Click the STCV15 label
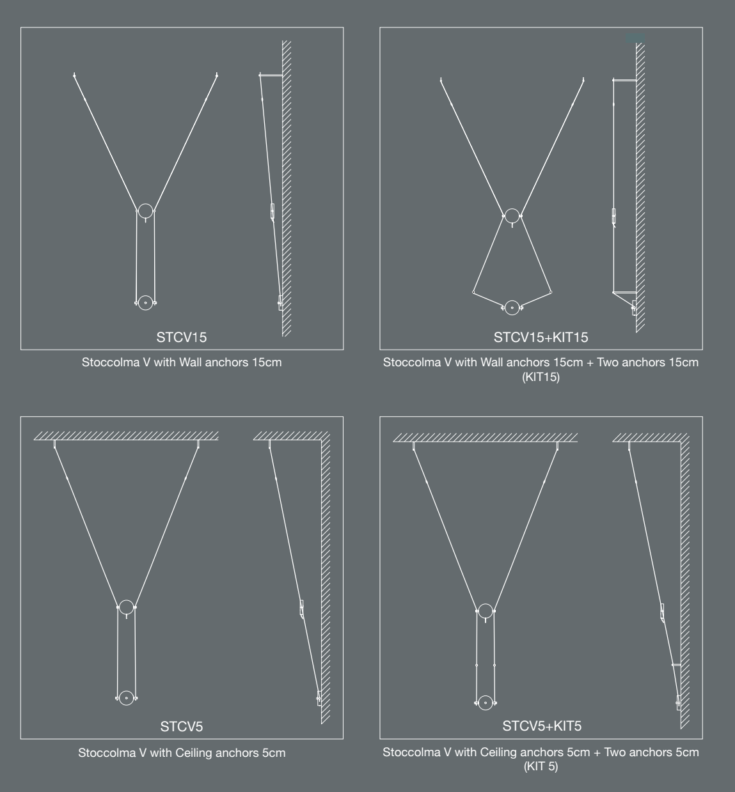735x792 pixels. pyautogui.click(x=182, y=338)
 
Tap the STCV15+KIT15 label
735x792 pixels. pyautogui.click(x=541, y=338)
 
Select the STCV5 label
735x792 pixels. pyautogui.click(x=182, y=727)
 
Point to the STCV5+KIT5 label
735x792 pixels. pyautogui.click(x=542, y=726)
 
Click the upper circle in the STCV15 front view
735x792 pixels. pyautogui.click(x=145, y=204)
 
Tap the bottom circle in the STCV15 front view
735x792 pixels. pyautogui.click(x=145, y=296)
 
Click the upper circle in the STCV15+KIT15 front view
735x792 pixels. pyautogui.click(x=512, y=209)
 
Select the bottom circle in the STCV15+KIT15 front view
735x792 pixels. pyautogui.click(x=512, y=301)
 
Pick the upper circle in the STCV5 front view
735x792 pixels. pyautogui.click(x=127, y=601)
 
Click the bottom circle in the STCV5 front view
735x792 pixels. pyautogui.click(x=127, y=692)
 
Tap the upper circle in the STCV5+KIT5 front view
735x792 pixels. pyautogui.click(x=486, y=605)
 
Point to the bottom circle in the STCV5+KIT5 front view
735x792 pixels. pyautogui.click(x=486, y=696)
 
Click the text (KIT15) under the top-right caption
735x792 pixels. pyautogui.click(x=541, y=377)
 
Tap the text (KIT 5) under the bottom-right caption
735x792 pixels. pyautogui.click(x=541, y=766)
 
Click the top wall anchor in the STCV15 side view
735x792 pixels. pyautogui.click(x=271, y=75)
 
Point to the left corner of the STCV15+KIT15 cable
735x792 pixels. pyautogui.click(x=473, y=292)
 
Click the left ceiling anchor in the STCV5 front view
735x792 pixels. pyautogui.click(x=55, y=444)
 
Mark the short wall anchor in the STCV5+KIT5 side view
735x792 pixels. pyautogui.click(x=676, y=665)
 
